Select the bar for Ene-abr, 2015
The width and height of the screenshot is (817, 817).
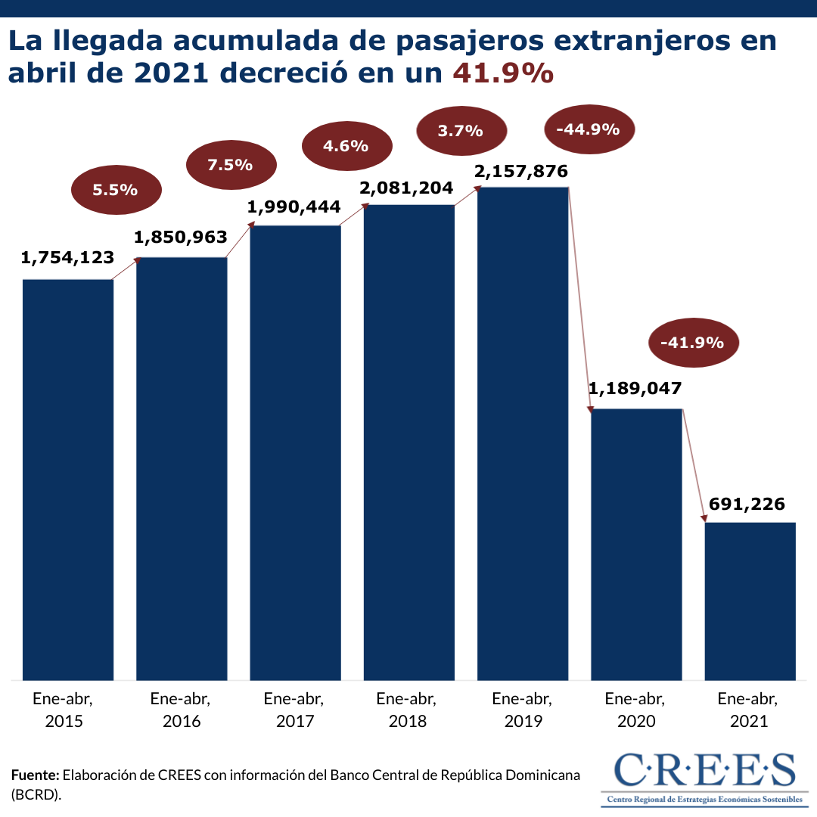tap(68, 480)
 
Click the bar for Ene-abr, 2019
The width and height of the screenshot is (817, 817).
tap(523, 433)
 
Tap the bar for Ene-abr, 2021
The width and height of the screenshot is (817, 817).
tap(750, 601)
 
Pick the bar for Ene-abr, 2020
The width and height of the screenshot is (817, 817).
tap(636, 544)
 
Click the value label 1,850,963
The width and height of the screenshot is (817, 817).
tap(181, 237)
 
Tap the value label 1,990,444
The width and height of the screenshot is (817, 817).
tap(294, 206)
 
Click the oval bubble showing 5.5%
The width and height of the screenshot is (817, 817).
tap(116, 190)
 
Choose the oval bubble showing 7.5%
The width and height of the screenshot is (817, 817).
tap(230, 164)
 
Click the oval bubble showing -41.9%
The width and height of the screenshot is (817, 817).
tap(692, 343)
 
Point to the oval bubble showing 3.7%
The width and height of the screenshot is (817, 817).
tap(460, 131)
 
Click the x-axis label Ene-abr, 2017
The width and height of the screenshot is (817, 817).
tap(295, 709)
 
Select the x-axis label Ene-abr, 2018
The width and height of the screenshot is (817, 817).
tap(408, 709)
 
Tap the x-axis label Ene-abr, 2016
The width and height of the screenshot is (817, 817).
tap(182, 709)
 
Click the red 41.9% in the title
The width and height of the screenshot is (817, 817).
tap(503, 73)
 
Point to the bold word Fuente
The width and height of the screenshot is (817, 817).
tap(35, 775)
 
